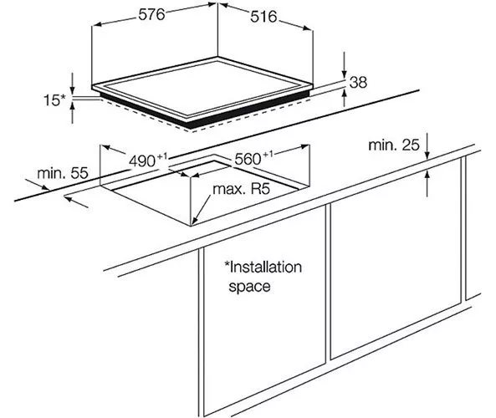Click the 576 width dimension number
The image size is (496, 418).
click(152, 15)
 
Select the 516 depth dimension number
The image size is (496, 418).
click(263, 17)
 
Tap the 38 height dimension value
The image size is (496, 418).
click(358, 83)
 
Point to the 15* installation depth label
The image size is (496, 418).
click(54, 100)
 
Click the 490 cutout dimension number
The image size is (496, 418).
click(142, 161)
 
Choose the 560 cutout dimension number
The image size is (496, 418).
click(248, 159)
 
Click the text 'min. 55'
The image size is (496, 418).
click(63, 174)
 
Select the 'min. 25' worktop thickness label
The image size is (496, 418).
click(394, 145)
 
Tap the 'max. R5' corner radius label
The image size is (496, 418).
click(242, 189)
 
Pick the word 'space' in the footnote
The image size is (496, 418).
click(249, 287)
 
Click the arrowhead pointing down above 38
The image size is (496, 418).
click(345, 74)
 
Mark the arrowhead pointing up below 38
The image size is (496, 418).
click(345, 94)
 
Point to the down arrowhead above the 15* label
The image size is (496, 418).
click(73, 89)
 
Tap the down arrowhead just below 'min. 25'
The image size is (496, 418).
click(427, 154)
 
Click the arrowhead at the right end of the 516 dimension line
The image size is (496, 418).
click(307, 28)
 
